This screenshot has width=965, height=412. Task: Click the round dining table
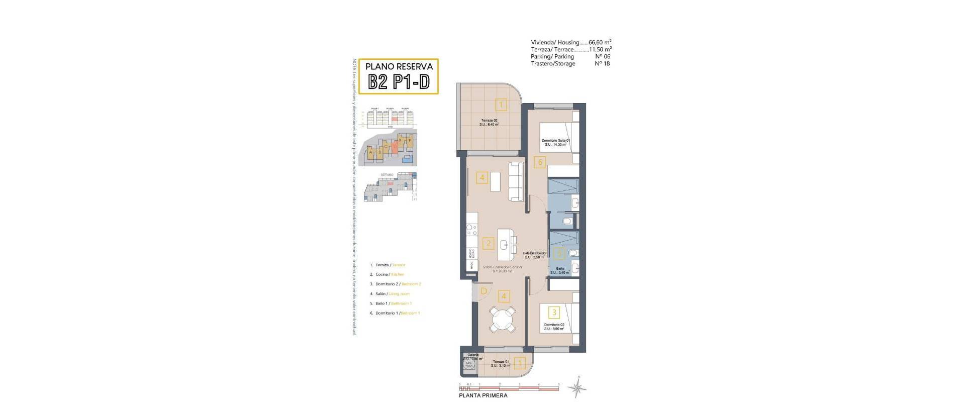click(x=504, y=320)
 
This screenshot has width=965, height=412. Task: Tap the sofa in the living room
click(x=516, y=181)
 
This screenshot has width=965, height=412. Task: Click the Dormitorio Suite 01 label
click(x=555, y=142)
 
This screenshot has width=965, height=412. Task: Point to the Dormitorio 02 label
click(x=554, y=327)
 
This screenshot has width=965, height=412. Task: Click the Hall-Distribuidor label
click(x=534, y=255)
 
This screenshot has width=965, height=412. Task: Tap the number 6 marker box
click(x=540, y=162)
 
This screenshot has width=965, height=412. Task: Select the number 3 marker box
click(x=554, y=313)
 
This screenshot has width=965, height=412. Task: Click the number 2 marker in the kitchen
click(x=488, y=244)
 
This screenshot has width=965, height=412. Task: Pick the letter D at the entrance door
click(x=484, y=290)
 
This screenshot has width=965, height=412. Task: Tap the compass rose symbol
click(x=577, y=387)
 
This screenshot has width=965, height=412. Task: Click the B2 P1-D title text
click(x=399, y=81)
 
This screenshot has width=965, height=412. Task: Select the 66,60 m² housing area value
click(x=600, y=42)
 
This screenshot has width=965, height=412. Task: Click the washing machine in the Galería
click(x=468, y=366)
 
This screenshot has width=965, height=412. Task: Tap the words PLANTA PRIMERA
click(x=483, y=395)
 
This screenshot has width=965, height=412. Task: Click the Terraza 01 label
click(x=501, y=363)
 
